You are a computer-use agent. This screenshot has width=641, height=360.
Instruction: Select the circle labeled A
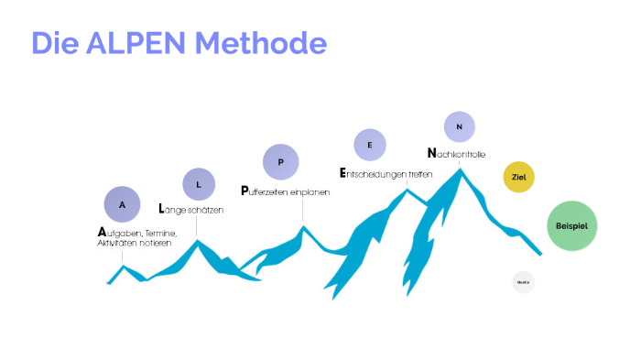click(x=123, y=204)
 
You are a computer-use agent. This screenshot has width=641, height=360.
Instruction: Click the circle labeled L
click(x=199, y=184)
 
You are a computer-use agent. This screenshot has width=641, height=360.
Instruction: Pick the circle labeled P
click(x=281, y=162)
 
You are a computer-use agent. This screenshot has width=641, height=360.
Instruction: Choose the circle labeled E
click(x=370, y=145)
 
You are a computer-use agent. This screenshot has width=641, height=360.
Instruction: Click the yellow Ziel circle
click(x=518, y=177)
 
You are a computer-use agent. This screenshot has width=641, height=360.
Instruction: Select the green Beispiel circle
click(x=571, y=225)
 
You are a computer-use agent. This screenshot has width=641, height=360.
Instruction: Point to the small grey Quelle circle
click(x=523, y=282)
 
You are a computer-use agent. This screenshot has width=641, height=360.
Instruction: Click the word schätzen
click(x=205, y=211)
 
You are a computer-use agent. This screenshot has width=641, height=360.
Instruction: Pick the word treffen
click(x=420, y=173)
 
